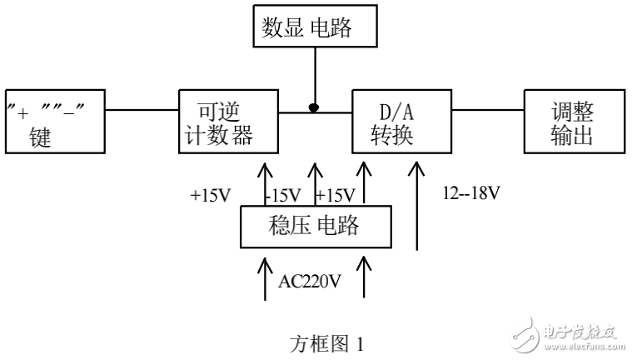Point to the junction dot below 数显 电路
(x=314, y=107)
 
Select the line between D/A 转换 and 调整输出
(x=487, y=108)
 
